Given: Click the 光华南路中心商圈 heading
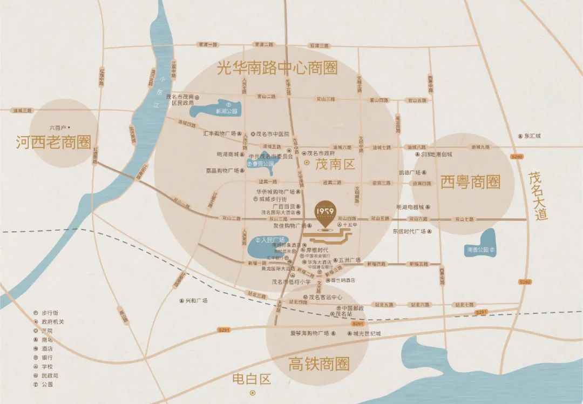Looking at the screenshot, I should tap(277, 69).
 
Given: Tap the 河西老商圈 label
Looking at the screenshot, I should tap(53, 143).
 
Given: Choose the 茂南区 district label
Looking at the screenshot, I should tap(335, 163).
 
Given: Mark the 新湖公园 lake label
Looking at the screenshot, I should tap(226, 110).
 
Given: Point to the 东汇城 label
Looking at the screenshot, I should tap(532, 137).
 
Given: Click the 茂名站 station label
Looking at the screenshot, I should tap(343, 314).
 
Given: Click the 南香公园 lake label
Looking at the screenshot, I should tap(478, 250).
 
